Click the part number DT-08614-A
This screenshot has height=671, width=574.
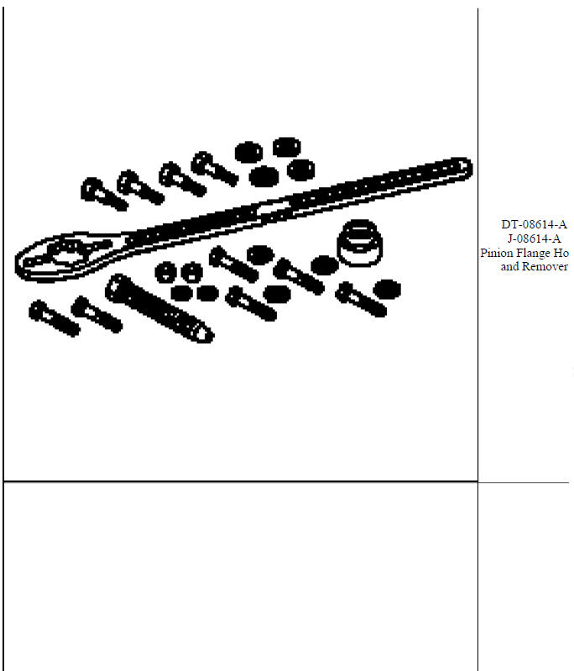[534, 224]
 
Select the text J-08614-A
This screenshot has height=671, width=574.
[534, 238]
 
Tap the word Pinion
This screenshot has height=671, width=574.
[496, 253]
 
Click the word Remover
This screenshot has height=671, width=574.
[545, 266]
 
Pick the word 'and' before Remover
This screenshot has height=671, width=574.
[510, 266]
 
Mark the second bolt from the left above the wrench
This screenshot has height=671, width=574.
[138, 186]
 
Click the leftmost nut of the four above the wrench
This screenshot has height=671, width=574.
[248, 152]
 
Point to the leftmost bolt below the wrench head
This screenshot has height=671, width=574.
[54, 317]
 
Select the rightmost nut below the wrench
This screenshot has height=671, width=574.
[385, 288]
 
